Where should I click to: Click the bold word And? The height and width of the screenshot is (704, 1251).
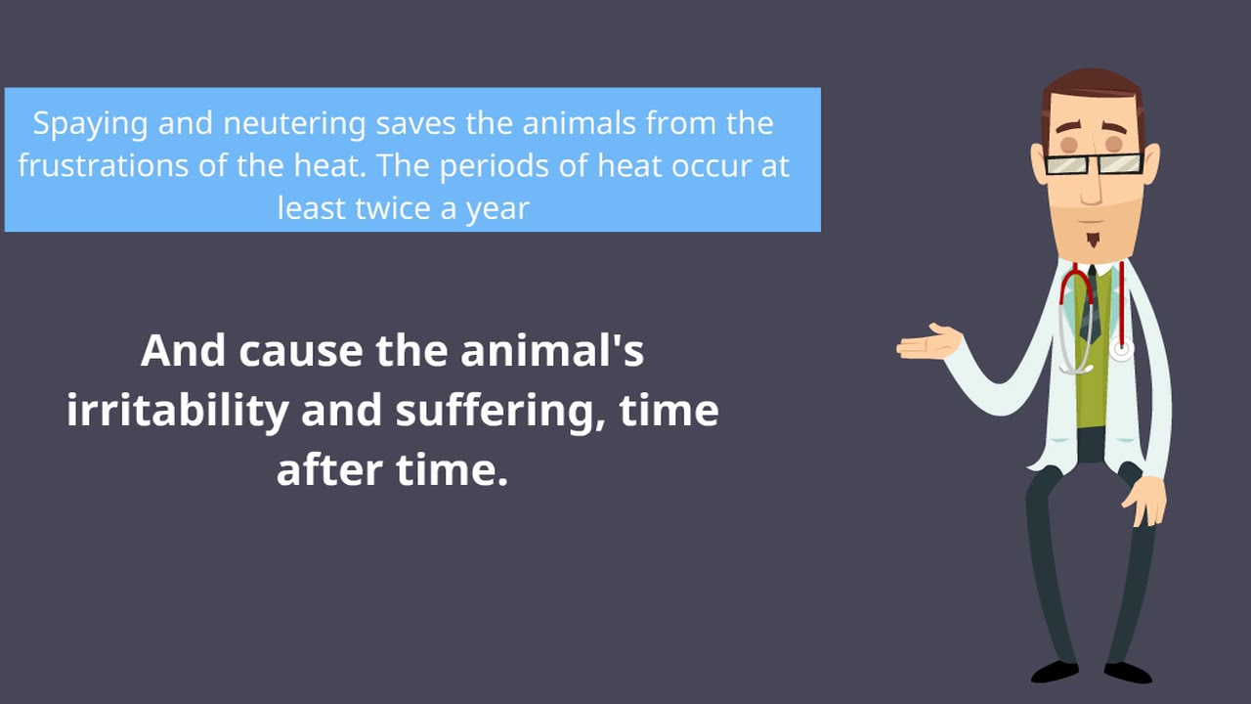point(183,351)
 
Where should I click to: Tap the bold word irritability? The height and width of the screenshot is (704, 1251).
point(177,411)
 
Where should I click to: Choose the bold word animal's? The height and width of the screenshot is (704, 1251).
point(552,351)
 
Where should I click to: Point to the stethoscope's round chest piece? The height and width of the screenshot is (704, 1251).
point(1120,348)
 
